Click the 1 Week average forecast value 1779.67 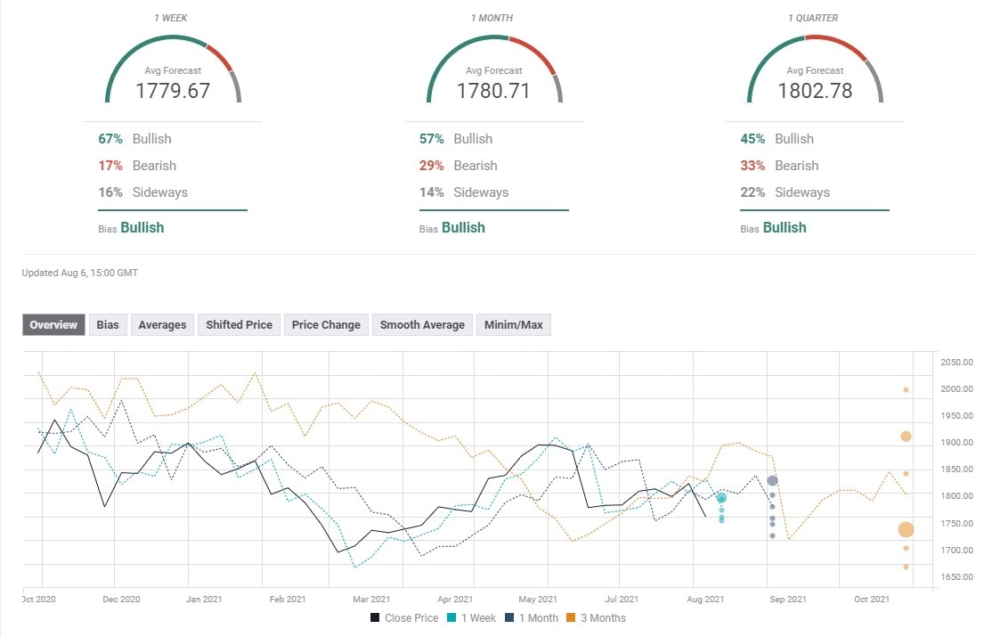coord(173,90)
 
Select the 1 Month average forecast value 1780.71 coord(493,90)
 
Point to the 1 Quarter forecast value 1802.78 coord(814,90)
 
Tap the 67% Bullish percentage coord(110,139)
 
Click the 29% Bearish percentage coord(431,166)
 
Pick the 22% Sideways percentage coord(752,192)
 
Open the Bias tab coord(108,325)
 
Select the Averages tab coord(162,325)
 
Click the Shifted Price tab coord(239,325)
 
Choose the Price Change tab coord(326,325)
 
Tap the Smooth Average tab coord(422,325)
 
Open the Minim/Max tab coord(513,325)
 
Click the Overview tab coord(53,325)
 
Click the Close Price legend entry coord(404,617)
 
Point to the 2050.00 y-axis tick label coord(956,362)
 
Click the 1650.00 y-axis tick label coord(956,577)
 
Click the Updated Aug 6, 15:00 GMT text coord(80,272)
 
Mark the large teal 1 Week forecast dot coord(721,498)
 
